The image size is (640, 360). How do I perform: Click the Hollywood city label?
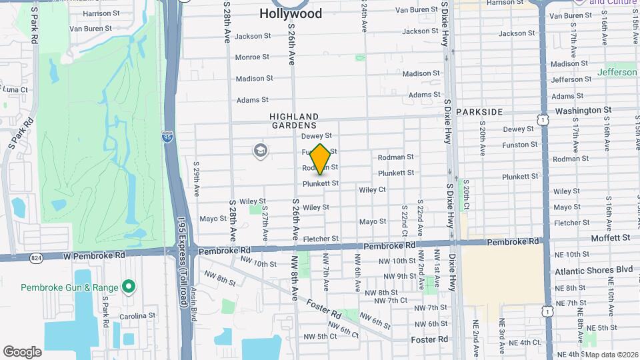tap(290, 13)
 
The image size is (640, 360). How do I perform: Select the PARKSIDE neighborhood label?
tap(479, 112)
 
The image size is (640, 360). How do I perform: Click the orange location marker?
tap(321, 159)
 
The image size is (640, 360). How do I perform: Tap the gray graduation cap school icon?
tap(261, 151)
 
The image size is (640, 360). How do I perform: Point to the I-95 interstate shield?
tap(167, 137)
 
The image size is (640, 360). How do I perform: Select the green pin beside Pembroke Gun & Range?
tap(129, 287)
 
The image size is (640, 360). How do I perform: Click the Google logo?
tap(22, 351)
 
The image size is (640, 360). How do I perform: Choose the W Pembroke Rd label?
tap(77, 255)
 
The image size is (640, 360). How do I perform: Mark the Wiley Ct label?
tap(372, 190)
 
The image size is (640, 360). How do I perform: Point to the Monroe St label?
tap(252, 57)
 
